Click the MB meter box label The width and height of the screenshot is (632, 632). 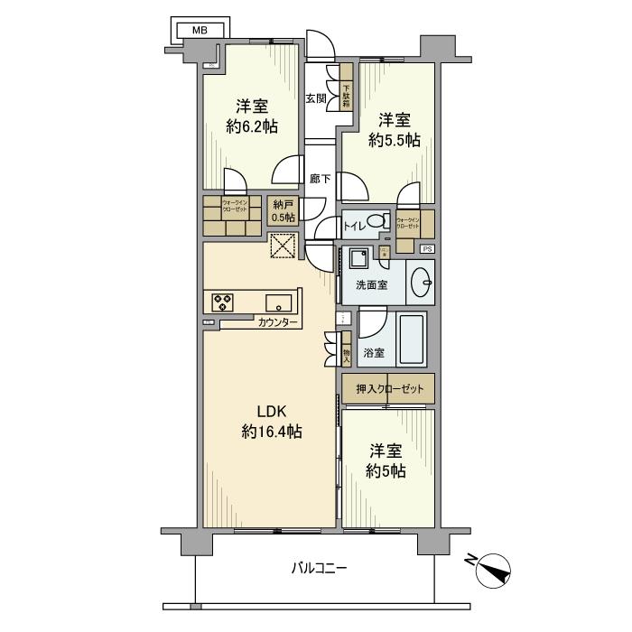(x=197, y=30)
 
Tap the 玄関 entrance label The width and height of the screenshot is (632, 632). (x=316, y=98)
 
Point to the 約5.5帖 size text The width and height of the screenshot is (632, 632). (x=394, y=140)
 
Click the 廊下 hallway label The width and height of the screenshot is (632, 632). (x=319, y=178)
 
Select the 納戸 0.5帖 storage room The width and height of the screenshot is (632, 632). (x=282, y=210)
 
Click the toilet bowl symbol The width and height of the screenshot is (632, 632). (x=379, y=222)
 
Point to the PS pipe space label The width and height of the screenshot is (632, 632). (x=427, y=248)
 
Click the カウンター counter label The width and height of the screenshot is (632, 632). (x=276, y=322)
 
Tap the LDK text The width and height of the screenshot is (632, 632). (x=271, y=411)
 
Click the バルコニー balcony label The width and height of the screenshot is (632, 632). (x=319, y=568)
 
